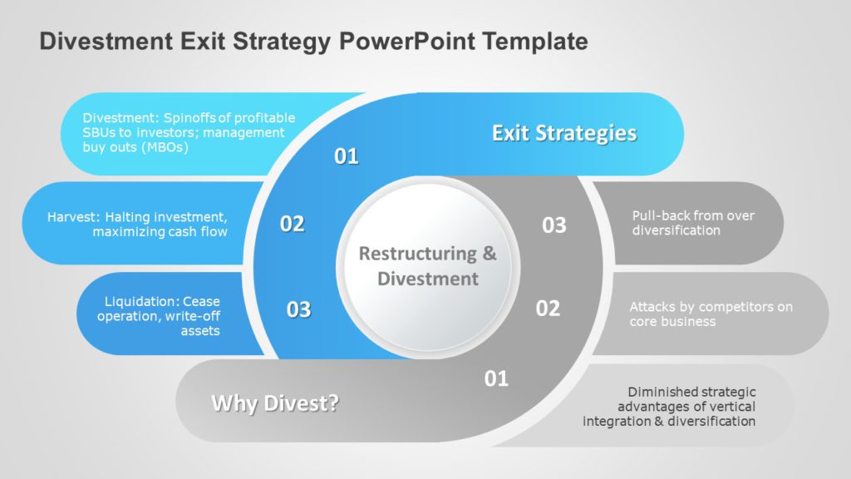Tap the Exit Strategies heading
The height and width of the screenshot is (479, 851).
(x=564, y=133)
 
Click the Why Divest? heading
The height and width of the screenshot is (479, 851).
(x=275, y=404)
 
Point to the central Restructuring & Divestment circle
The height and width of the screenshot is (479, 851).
(x=427, y=266)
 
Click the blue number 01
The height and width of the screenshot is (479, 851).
(x=347, y=156)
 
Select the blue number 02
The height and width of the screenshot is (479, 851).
(x=292, y=224)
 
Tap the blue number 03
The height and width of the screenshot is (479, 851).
(x=298, y=309)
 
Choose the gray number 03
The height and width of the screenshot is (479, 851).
(x=554, y=225)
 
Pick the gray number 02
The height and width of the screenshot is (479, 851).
(x=548, y=309)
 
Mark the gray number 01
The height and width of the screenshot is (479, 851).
(x=496, y=379)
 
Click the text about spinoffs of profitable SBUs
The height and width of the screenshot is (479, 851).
(x=189, y=132)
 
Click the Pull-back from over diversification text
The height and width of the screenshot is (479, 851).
(x=693, y=223)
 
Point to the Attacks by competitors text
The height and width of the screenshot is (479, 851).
(x=711, y=314)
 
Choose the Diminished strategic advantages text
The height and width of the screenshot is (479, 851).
(x=669, y=407)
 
